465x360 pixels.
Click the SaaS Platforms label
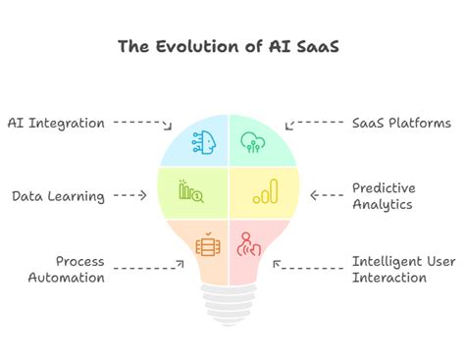click(401, 123)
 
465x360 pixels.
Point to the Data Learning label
click(58, 195)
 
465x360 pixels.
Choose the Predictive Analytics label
click(384, 195)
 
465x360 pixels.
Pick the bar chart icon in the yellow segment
click(266, 191)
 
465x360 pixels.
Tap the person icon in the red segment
click(250, 243)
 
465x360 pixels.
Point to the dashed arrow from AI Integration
click(142, 124)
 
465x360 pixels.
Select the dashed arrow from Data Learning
click(129, 195)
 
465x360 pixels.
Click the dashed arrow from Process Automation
click(150, 266)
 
